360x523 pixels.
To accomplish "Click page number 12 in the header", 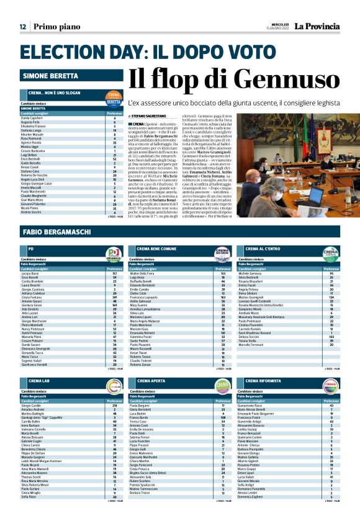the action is [22, 27].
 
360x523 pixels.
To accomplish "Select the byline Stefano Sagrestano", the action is [149, 116].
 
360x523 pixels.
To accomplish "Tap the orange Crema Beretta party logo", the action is [114, 101].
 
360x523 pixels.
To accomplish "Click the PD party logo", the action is [114, 253].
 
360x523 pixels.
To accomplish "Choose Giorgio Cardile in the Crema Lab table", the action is [31, 406].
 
